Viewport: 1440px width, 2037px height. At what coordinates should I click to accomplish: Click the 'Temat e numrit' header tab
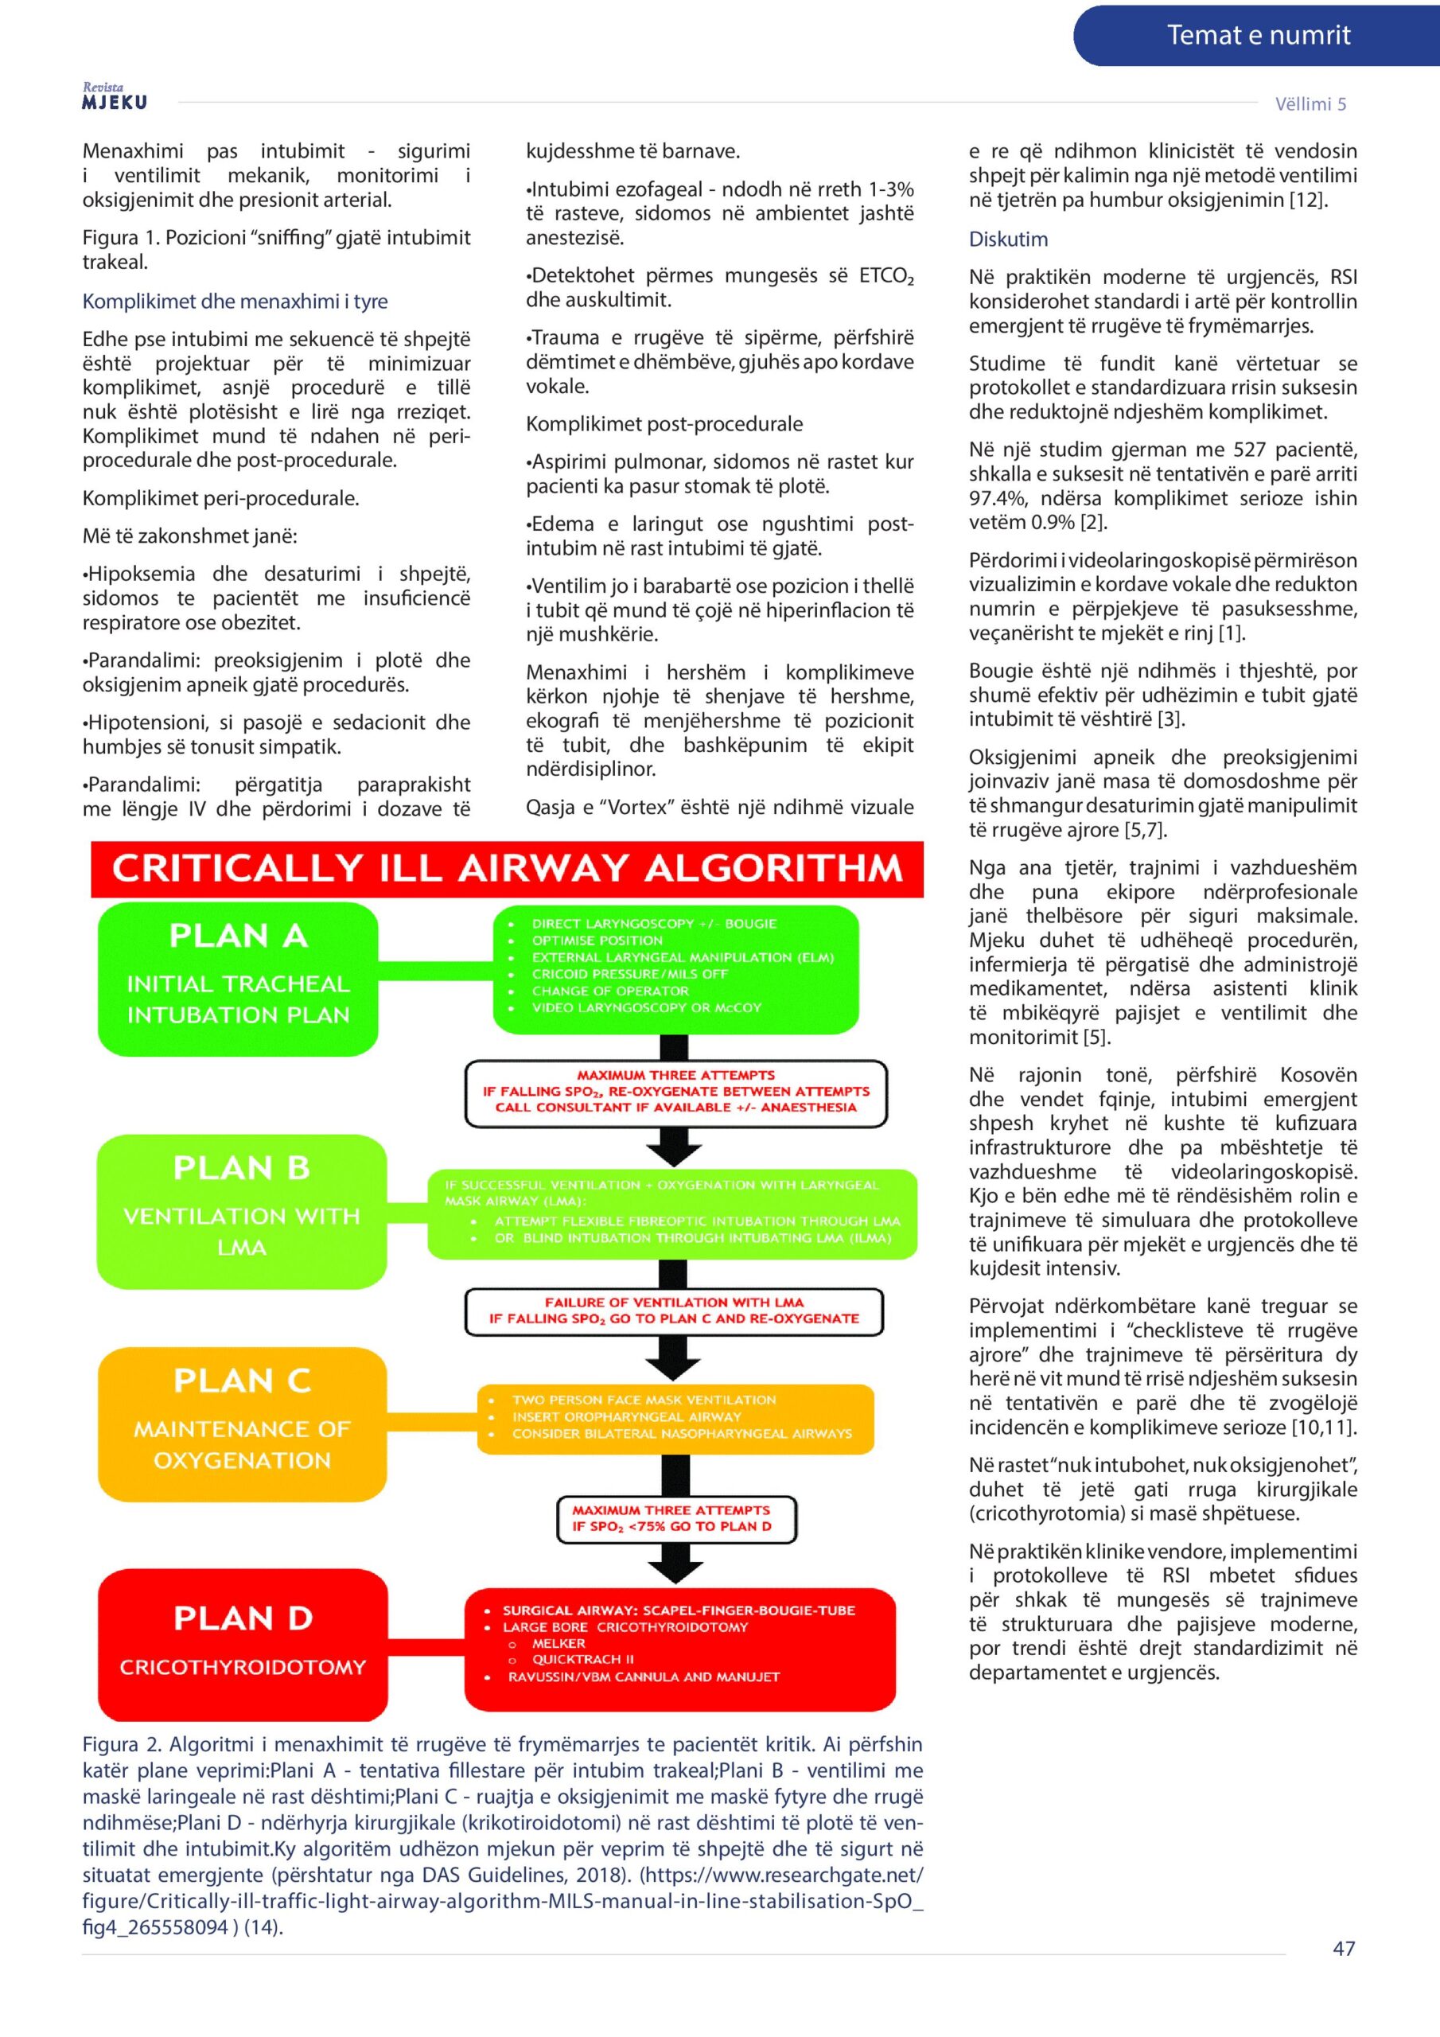click(1257, 36)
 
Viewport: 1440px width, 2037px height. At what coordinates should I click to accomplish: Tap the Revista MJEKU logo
click(115, 97)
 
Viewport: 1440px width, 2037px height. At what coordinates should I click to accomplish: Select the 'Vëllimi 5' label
click(1310, 103)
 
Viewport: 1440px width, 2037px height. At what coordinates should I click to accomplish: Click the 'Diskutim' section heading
click(1008, 240)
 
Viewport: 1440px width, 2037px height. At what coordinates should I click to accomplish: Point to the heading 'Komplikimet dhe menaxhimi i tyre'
click(235, 302)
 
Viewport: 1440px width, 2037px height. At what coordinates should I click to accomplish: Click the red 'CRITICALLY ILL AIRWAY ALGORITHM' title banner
click(507, 869)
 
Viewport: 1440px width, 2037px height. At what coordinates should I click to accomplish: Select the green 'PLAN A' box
click(238, 979)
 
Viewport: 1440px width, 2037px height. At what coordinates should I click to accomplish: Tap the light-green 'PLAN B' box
click(241, 1211)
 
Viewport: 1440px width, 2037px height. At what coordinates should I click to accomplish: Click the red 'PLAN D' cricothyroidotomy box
click(242, 1643)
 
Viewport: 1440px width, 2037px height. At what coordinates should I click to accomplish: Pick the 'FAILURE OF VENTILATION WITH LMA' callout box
click(675, 1311)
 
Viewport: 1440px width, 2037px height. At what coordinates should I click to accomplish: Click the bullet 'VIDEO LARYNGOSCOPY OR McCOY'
click(646, 1008)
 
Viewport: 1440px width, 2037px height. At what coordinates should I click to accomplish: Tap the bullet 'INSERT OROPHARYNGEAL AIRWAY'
click(625, 1417)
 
